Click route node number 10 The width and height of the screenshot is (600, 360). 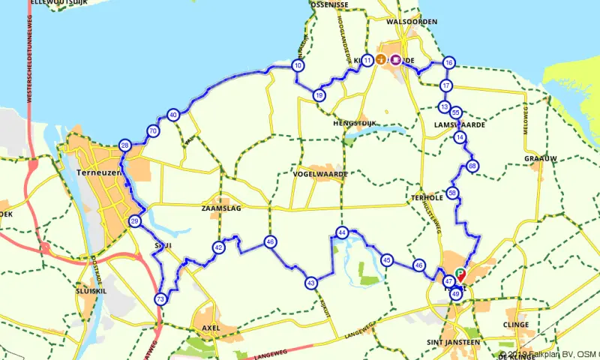(298, 66)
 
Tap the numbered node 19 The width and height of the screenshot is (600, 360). (319, 95)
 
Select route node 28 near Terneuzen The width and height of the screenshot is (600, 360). (125, 145)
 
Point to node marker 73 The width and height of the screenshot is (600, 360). (160, 299)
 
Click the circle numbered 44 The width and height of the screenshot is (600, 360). (342, 233)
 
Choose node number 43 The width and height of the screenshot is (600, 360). (311, 283)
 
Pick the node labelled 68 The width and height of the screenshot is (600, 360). (472, 166)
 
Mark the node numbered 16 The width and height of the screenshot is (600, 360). (448, 62)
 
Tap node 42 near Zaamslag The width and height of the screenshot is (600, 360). (218, 247)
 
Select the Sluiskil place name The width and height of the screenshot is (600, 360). (94, 289)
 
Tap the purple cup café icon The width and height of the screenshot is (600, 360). (394, 60)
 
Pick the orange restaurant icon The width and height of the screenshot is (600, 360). (381, 60)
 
